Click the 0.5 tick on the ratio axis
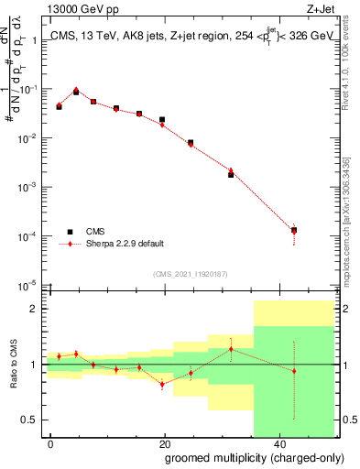tap(33, 420)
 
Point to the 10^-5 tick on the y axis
tap(30, 285)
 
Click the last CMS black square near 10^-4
tap(294, 230)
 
